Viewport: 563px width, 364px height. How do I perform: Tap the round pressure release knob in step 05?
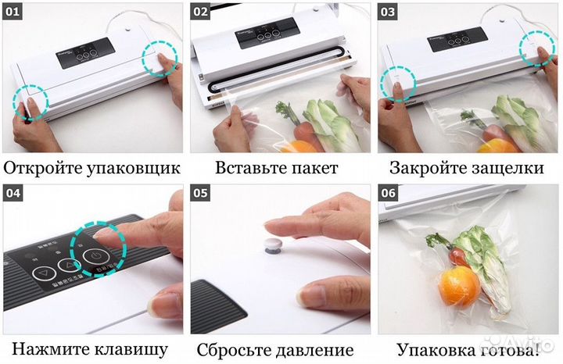pyautogui.click(x=273, y=245)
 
